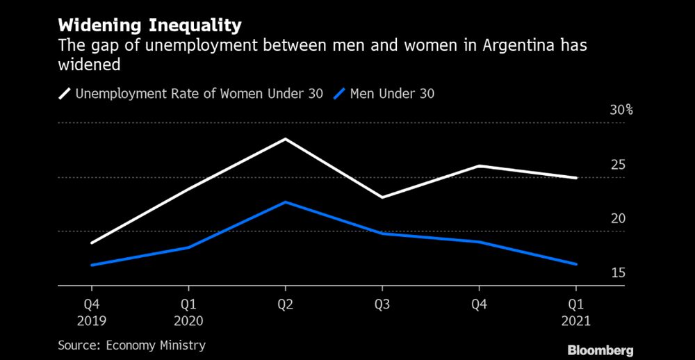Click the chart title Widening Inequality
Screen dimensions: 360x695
pos(149,26)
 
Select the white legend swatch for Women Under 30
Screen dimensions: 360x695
pos(66,93)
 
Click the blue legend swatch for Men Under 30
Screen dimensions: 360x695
pos(340,93)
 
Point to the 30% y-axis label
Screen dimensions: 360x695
pos(621,111)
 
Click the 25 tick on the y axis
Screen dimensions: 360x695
pos(618,165)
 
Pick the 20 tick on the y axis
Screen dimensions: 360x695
pos(618,219)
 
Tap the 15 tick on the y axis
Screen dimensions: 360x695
pos(618,272)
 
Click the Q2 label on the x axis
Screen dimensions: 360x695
pos(285,304)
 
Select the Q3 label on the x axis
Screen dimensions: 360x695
pos(382,304)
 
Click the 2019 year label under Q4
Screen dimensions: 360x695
pos(91,321)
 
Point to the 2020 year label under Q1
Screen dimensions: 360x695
pos(188,321)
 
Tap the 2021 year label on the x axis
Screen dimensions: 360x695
pos(575,321)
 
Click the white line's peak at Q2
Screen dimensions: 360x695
pos(285,139)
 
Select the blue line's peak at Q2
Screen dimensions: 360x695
pos(285,202)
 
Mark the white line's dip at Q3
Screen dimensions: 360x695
pos(382,197)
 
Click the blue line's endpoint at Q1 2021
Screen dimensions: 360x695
pos(575,264)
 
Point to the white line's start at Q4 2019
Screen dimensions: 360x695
pos(91,243)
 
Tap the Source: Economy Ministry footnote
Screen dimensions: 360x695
pos(131,345)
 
